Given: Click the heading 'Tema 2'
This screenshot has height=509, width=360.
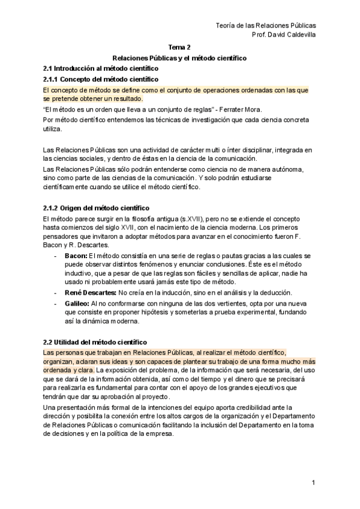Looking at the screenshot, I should [x=179, y=46].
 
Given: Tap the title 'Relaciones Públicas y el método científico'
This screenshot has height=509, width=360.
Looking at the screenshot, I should [x=179, y=58].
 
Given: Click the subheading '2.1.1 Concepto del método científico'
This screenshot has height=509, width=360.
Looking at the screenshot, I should [x=101, y=79].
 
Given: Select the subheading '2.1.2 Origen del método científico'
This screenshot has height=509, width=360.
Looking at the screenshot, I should [x=97, y=208].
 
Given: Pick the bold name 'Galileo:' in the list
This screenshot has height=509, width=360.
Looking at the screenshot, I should [x=77, y=303].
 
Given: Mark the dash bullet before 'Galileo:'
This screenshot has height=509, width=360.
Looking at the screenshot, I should [x=56, y=303].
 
